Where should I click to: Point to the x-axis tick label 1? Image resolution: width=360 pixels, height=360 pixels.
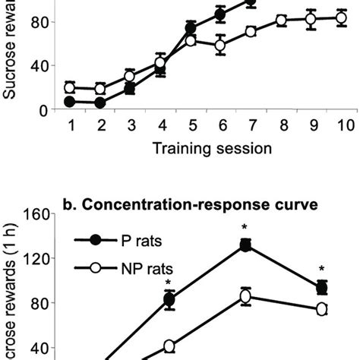70,125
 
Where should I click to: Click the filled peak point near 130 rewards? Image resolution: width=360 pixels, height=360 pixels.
245,245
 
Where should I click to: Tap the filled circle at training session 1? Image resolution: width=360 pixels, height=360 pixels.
70,101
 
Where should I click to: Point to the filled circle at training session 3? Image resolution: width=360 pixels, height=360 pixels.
130,89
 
